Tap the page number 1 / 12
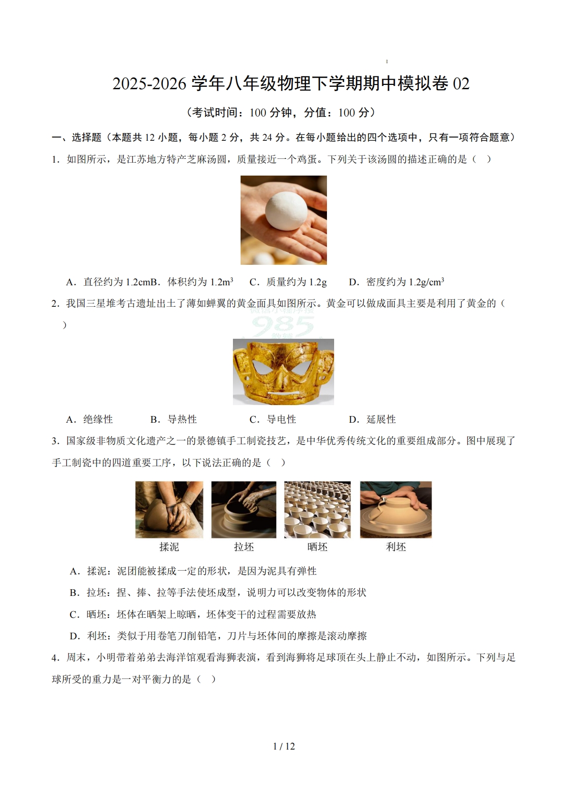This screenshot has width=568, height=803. click(x=284, y=746)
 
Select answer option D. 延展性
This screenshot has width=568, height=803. click(x=372, y=419)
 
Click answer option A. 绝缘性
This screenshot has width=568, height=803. click(x=90, y=419)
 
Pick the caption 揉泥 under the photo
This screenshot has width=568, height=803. click(x=169, y=547)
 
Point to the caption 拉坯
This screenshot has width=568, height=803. click(x=244, y=547)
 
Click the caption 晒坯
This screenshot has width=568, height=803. click(x=317, y=547)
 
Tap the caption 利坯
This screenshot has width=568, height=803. click(x=396, y=547)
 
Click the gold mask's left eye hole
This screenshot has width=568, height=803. click(x=262, y=366)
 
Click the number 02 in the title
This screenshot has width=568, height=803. click(x=461, y=84)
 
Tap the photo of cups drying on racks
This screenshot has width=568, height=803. click(x=317, y=510)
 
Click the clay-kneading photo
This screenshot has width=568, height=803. click(x=169, y=510)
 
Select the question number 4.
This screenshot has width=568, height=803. click(x=55, y=657)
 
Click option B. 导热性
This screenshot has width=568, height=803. click(x=174, y=419)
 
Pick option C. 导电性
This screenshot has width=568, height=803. click(x=273, y=419)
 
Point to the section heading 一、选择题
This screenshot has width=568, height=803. click(x=76, y=137)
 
